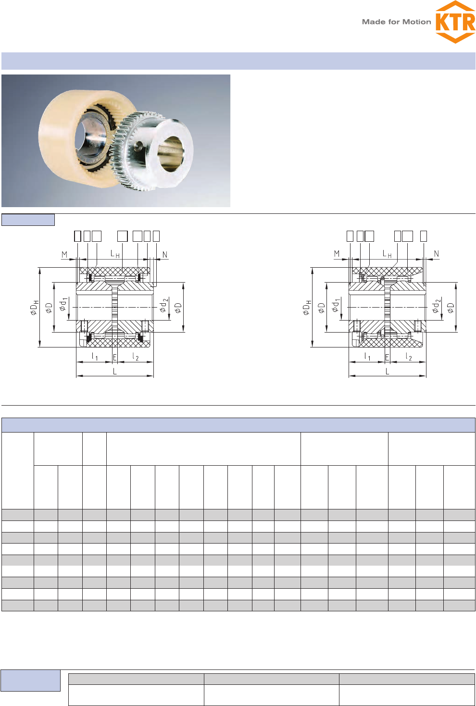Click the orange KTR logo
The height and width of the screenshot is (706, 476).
tap(455, 22)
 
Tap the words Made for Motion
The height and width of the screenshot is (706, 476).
tap(396, 22)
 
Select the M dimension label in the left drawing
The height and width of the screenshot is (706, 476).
tap(64, 254)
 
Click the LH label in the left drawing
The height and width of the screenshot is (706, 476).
tap(115, 254)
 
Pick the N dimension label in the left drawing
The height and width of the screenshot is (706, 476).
tap(164, 254)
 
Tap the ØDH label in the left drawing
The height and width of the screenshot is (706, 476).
tap(34, 308)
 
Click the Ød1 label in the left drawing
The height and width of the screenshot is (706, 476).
tap(63, 304)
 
